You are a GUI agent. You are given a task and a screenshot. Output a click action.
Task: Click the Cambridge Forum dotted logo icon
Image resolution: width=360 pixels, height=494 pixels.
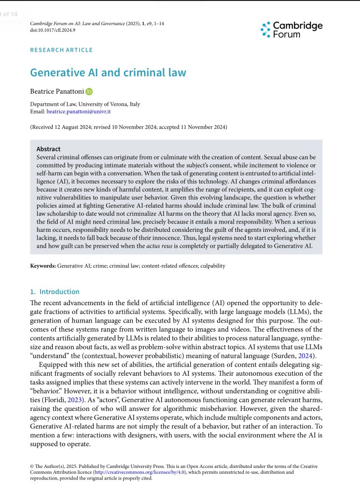point(265,29)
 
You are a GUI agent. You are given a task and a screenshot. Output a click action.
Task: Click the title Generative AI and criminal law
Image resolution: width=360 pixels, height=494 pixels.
point(108,72)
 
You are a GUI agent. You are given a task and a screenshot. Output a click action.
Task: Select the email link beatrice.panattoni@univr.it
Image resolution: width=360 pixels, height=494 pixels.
point(79,112)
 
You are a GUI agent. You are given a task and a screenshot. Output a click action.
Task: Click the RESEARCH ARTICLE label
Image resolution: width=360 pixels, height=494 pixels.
point(61,50)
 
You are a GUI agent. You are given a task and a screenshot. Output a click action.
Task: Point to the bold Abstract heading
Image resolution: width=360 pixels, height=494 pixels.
point(48,149)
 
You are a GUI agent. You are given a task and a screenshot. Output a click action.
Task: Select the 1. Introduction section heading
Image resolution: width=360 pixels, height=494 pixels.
point(55,292)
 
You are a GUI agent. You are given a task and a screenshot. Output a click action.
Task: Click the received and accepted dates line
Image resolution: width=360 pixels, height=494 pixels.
point(128,127)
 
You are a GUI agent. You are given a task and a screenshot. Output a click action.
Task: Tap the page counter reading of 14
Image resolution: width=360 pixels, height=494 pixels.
point(10,14)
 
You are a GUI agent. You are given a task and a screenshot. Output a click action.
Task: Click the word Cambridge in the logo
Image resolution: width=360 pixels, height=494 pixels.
point(298,26)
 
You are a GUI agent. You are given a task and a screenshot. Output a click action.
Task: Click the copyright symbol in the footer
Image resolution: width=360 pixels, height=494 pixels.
point(32,466)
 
